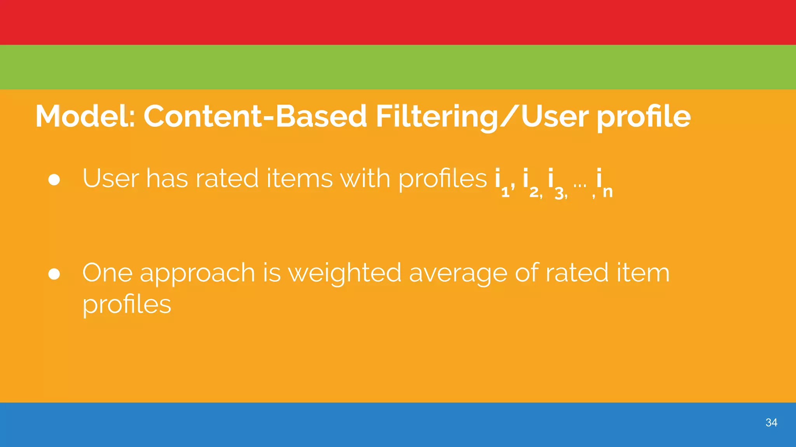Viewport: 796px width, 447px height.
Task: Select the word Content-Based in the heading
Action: pyautogui.click(x=255, y=116)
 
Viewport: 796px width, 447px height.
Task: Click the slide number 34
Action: pyautogui.click(x=771, y=423)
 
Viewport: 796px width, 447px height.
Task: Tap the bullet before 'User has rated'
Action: pyautogui.click(x=54, y=179)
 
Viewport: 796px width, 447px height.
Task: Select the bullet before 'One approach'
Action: pyautogui.click(x=54, y=274)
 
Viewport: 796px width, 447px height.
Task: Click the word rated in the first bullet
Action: pyautogui.click(x=227, y=178)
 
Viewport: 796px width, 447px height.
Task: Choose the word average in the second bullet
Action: pyautogui.click(x=458, y=274)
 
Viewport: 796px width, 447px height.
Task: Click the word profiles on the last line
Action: pyautogui.click(x=127, y=305)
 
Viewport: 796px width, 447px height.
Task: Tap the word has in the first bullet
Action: pyautogui.click(x=167, y=178)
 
